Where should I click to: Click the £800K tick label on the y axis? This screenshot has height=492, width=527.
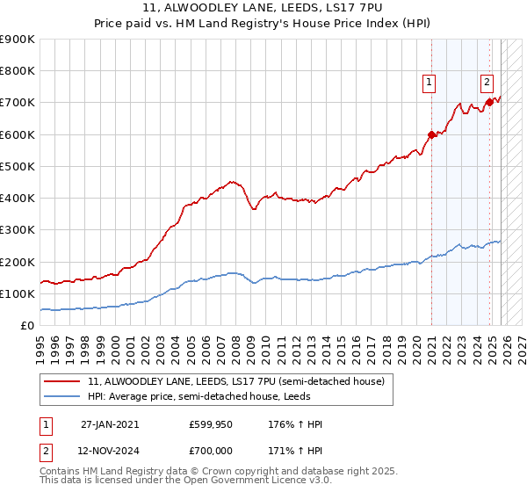(x=18, y=71)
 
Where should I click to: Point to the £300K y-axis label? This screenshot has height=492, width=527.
(x=18, y=230)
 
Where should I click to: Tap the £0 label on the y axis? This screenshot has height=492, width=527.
(x=26, y=325)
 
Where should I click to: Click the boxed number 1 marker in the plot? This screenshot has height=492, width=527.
(x=429, y=83)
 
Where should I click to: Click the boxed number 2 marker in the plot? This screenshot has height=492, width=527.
(x=487, y=83)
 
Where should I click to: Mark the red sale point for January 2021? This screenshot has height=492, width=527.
(x=431, y=134)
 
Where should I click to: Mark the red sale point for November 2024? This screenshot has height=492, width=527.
(x=489, y=103)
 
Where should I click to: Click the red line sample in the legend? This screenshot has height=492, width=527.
(x=63, y=382)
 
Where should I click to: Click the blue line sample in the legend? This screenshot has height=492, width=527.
(x=63, y=397)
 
